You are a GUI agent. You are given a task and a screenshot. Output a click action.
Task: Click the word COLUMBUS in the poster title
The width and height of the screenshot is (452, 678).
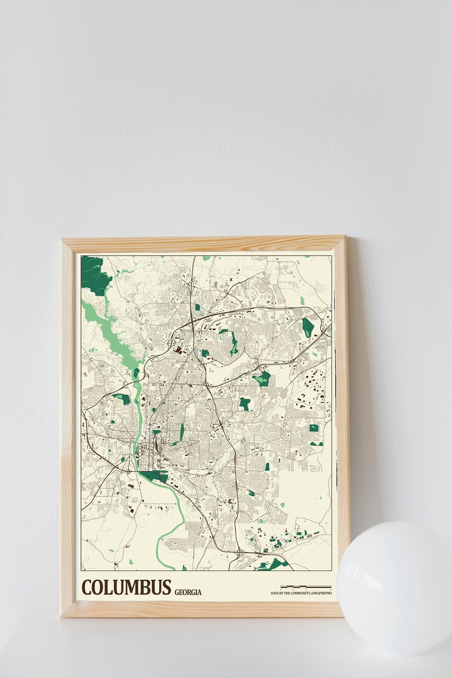[x=126, y=587]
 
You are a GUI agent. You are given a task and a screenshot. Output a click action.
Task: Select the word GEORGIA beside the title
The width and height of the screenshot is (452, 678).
[x=188, y=592]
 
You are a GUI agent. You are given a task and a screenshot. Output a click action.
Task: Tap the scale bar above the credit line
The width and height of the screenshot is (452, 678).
[x=306, y=586]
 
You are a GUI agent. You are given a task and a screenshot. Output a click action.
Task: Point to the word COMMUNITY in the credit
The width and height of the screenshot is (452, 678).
[x=298, y=593]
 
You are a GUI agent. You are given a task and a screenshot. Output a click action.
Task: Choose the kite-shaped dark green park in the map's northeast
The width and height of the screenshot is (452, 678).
[x=308, y=326]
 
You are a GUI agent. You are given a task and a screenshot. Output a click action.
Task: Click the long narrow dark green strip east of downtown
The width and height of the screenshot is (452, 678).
[x=182, y=432]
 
